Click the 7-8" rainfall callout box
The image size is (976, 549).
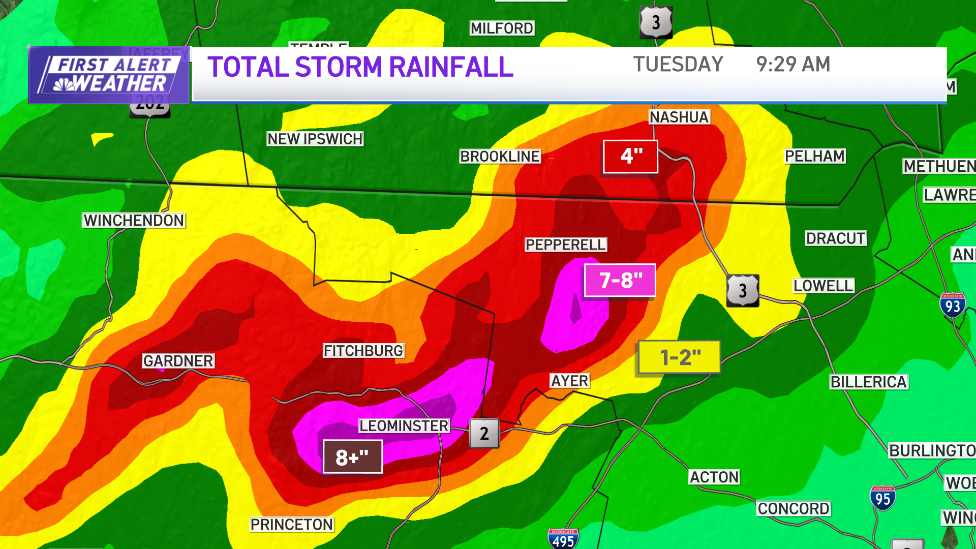pos(620,280)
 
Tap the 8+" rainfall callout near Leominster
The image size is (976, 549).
pos(353,456)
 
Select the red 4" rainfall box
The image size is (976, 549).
pos(630,157)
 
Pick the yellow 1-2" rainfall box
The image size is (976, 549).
pos(679,357)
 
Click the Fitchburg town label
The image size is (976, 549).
pos(363,351)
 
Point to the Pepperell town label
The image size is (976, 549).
pos(566,245)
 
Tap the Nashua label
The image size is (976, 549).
pos(679,117)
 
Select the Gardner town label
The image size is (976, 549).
pos(178,361)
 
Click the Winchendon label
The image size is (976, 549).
pos(134,220)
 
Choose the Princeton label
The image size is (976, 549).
pos(292,525)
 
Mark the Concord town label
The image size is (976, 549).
pos(794,508)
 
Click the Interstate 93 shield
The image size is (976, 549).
pos(952,305)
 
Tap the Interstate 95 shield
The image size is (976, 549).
pos(882,498)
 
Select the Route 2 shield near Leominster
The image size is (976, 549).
pos(484,433)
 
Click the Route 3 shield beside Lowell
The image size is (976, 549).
pos(742,290)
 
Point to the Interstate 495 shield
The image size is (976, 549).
pos(563,539)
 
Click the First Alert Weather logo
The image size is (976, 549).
pos(109,75)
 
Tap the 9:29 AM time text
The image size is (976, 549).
pos(793,65)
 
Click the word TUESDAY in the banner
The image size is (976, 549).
pos(678,65)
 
